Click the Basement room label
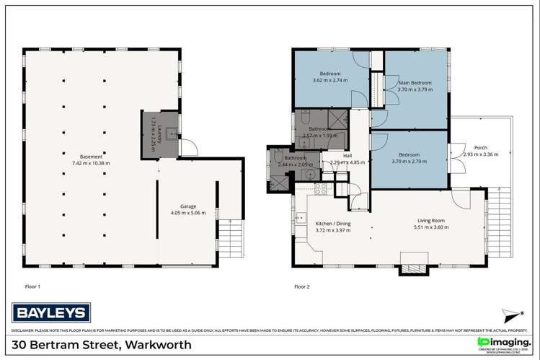click(91, 156)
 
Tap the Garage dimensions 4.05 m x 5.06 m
click(188, 213)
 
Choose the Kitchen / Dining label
click(332, 224)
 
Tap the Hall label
click(347, 155)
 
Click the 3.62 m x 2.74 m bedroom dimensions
click(330, 81)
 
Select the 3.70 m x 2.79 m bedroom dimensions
click(409, 162)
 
